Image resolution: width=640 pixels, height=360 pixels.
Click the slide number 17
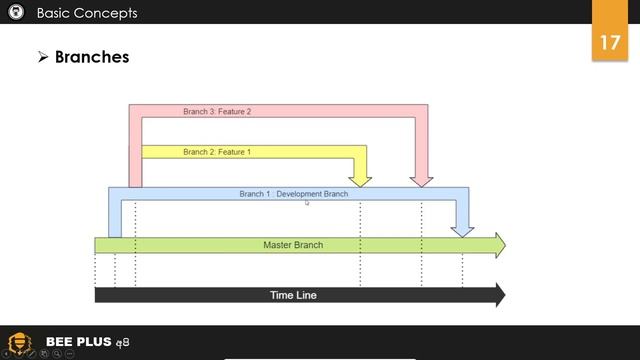[x=610, y=44]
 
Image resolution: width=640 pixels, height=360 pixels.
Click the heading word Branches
[x=92, y=57]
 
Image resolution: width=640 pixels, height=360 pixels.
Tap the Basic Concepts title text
[x=87, y=13]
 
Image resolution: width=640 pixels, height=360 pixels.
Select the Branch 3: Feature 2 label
[x=217, y=112]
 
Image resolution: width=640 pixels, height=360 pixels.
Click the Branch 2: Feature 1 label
[x=217, y=152]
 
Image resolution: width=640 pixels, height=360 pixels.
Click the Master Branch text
[x=293, y=245]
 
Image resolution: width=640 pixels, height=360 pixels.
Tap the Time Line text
[x=294, y=295]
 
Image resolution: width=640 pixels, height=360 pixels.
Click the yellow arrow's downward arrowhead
[x=361, y=181]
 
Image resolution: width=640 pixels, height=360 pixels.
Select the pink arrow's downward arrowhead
[x=421, y=181]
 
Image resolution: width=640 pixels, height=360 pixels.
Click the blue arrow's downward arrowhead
[x=462, y=231]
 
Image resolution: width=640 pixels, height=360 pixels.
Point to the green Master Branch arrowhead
[x=499, y=245]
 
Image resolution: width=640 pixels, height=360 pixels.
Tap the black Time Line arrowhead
[x=499, y=295]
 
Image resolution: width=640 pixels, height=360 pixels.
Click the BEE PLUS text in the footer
[x=78, y=342]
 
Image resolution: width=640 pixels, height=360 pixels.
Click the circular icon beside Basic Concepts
[x=15, y=13]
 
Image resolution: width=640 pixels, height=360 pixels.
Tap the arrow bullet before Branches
[x=43, y=58]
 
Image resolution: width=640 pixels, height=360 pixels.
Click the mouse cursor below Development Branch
[x=307, y=203]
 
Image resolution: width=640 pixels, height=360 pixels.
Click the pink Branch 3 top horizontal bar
[x=280, y=110]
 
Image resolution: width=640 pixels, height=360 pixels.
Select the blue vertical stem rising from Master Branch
[x=115, y=214]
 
